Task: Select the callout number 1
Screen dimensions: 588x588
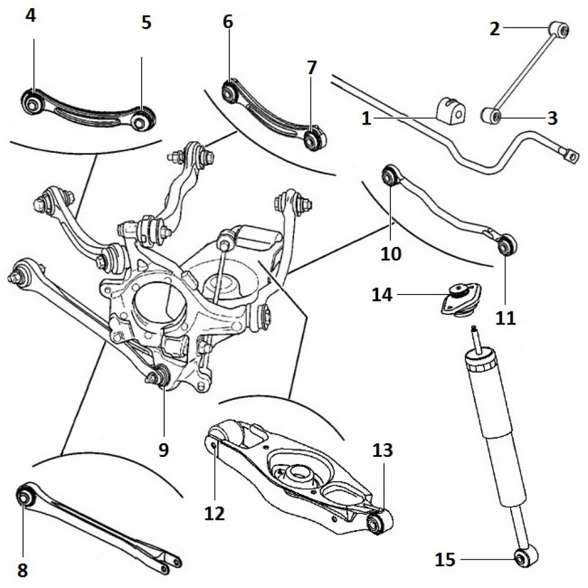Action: coord(366,119)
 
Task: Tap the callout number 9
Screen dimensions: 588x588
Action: coord(163,450)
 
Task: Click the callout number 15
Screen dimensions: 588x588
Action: coord(445,559)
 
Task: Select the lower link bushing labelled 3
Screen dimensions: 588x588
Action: coord(490,115)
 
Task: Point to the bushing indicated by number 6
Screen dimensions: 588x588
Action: coord(230,91)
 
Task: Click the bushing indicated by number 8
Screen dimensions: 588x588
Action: coord(24,497)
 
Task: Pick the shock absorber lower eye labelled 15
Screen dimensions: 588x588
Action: coord(523,558)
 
